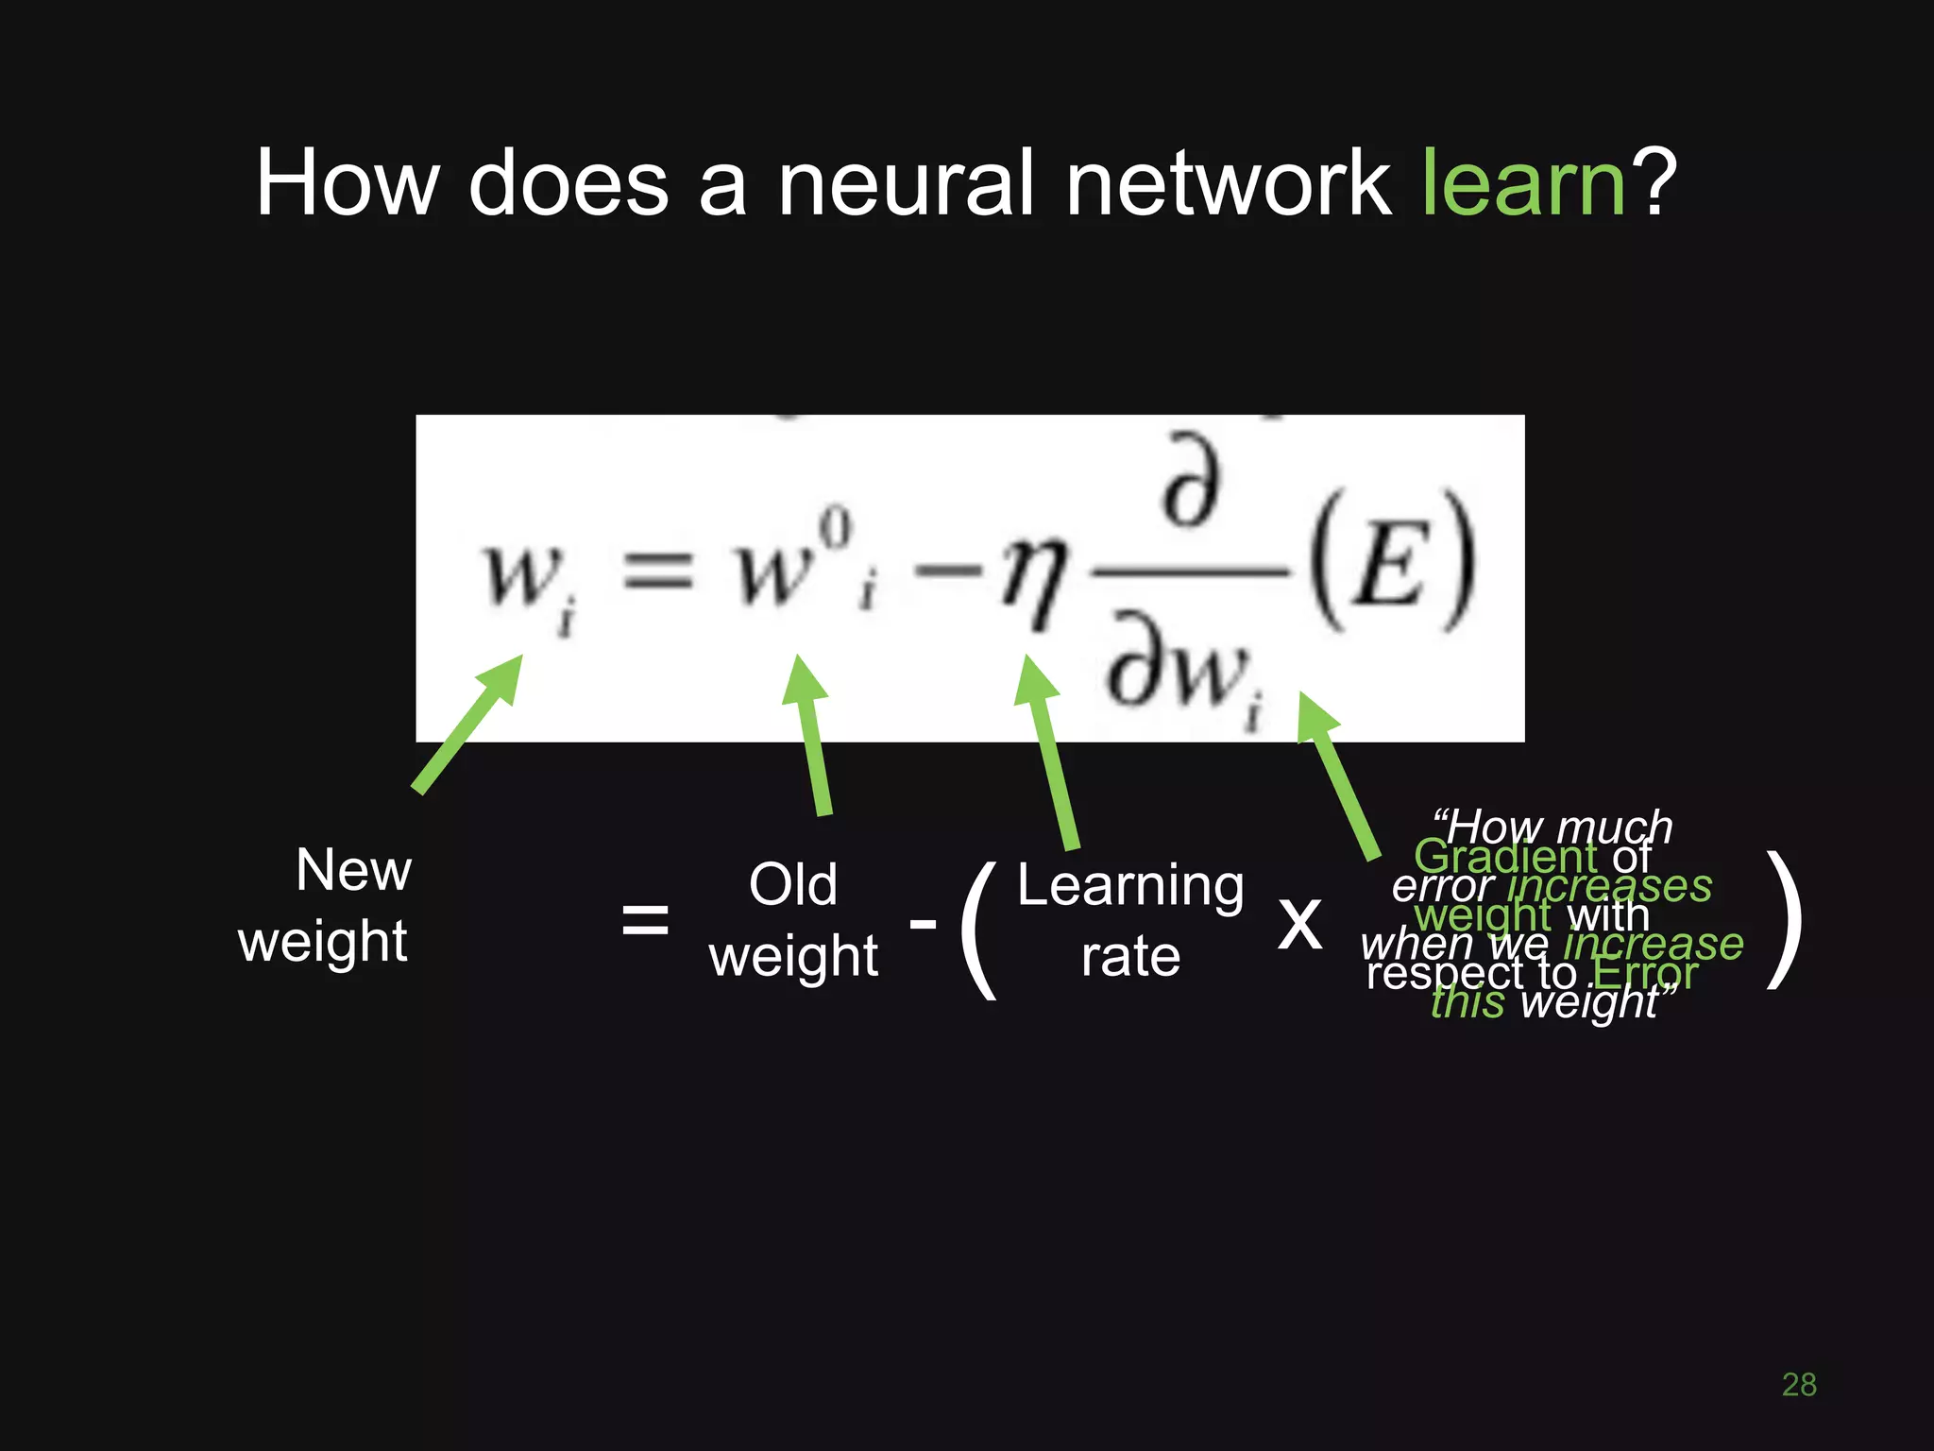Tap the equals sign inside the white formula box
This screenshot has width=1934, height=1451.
[657, 572]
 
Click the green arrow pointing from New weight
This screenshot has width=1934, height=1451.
[467, 724]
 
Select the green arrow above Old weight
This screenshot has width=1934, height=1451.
[809, 733]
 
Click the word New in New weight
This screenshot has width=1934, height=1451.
[353, 870]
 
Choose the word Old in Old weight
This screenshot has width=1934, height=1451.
[792, 885]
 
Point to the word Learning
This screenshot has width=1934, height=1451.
[1130, 887]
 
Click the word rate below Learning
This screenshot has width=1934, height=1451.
[1130, 957]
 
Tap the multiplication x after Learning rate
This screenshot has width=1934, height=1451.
[1299, 922]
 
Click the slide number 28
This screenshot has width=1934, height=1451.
[1799, 1385]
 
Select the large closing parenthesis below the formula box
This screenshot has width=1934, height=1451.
[1785, 920]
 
